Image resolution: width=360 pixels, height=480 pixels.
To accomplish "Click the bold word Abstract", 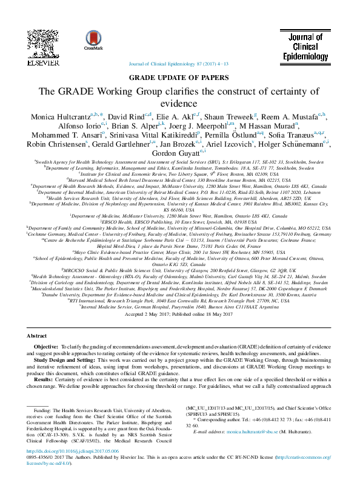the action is point(38,335).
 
